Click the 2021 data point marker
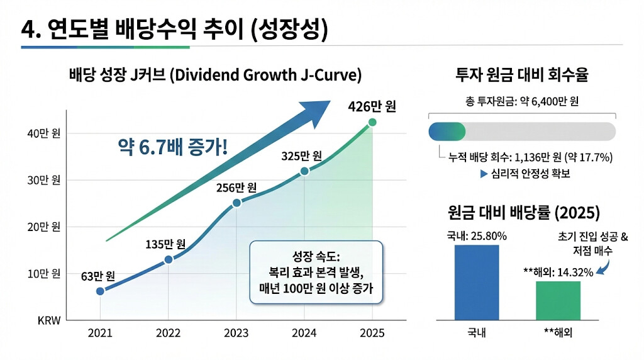[100, 291]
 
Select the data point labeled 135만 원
[168, 259]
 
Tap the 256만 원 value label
[236, 188]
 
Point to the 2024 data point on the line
[304, 171]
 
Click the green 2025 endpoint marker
[372, 122]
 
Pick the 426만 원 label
[372, 106]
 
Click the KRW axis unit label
[48, 320]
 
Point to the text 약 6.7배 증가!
[172, 149]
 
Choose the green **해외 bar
[558, 301]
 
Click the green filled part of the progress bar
[447, 132]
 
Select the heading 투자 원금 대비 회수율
[521, 76]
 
